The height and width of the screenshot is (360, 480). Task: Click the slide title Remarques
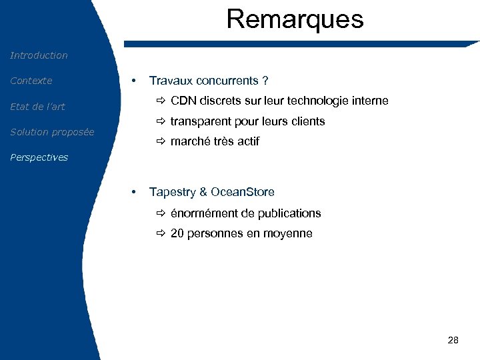[295, 19]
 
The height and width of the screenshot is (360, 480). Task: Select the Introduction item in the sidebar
[39, 55]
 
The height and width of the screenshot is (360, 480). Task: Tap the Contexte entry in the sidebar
[31, 81]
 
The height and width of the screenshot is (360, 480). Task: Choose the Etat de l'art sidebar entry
[37, 107]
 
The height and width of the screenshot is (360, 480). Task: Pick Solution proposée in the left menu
[52, 132]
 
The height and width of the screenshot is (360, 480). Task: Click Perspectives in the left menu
[39, 158]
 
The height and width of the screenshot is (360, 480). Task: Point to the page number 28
[453, 341]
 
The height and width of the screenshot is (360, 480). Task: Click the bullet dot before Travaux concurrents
[135, 81]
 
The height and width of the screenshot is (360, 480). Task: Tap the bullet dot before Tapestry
[135, 192]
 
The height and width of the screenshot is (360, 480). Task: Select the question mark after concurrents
[265, 81]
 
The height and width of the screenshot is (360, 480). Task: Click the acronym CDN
[183, 101]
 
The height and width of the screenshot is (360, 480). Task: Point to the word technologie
[322, 101]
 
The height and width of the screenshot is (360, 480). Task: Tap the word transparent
[200, 121]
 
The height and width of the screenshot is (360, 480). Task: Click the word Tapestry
[172, 192]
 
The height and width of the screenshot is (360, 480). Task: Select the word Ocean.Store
[243, 192]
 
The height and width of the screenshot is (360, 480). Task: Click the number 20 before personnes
[177, 233]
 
